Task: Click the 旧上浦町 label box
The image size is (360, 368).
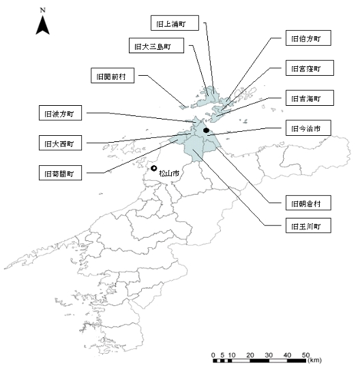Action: (175, 23)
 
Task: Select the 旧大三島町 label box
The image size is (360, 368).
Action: (156, 46)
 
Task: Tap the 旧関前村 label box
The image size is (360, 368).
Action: (112, 76)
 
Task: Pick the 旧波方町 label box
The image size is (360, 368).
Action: (60, 113)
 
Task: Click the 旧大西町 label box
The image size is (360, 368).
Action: (60, 143)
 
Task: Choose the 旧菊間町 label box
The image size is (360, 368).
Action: (60, 173)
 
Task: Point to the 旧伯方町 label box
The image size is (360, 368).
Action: (308, 38)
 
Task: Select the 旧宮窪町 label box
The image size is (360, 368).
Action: (310, 68)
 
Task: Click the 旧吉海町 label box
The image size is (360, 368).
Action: (310, 98)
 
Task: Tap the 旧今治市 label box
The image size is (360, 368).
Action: (308, 128)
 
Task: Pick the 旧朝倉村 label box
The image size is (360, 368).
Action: (308, 203)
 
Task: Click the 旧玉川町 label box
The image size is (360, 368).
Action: (308, 225)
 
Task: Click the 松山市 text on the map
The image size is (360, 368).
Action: (169, 173)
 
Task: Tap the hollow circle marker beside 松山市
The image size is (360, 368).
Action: (154, 168)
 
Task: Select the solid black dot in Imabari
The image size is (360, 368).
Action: (206, 130)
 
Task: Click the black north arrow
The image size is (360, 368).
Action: (43, 25)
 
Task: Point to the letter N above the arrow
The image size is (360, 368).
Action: (43, 10)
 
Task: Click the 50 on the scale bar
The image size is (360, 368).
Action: (306, 355)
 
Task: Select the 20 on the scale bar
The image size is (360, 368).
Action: (250, 355)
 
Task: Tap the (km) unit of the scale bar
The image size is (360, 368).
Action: (315, 360)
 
